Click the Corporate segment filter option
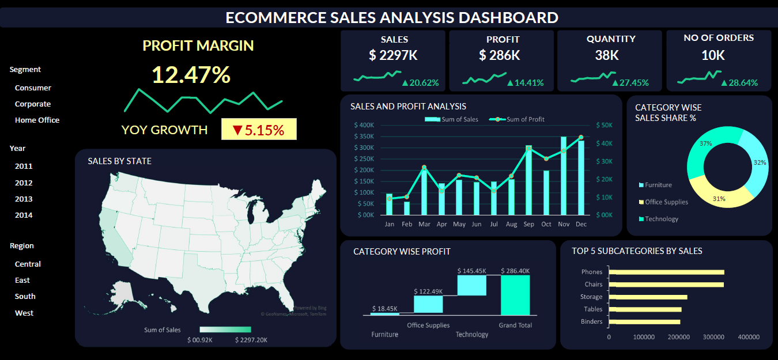(x=33, y=104)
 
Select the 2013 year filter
(x=24, y=199)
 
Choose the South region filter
(x=25, y=296)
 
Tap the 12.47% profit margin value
(x=191, y=75)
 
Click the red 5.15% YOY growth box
(x=259, y=130)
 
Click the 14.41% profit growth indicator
(x=525, y=82)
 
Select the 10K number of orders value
(x=713, y=55)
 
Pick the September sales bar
(x=528, y=180)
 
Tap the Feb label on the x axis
(x=407, y=224)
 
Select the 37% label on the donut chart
(x=706, y=143)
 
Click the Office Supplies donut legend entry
(x=666, y=202)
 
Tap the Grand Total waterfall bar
(x=515, y=295)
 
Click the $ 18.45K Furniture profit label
(x=384, y=309)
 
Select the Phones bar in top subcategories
(x=666, y=272)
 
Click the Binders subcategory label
(x=592, y=321)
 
